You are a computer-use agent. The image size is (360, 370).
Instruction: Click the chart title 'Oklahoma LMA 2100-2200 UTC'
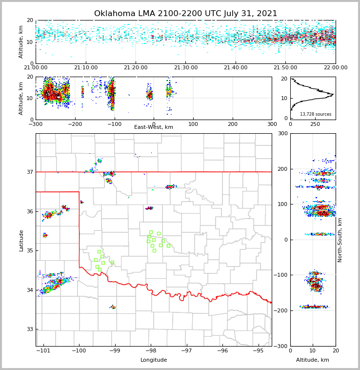tap(185, 14)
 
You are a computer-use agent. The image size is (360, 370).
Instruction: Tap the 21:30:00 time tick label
tap(186, 68)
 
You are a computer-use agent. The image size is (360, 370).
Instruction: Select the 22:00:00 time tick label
tap(336, 68)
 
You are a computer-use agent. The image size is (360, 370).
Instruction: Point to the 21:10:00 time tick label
tap(86, 68)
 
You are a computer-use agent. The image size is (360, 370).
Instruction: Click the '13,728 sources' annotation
tap(316, 114)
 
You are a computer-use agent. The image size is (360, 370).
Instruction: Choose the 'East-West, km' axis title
tap(154, 127)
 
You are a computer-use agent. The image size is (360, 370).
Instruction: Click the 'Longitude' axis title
tap(154, 360)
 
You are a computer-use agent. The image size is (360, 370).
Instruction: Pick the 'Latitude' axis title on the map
tap(21, 240)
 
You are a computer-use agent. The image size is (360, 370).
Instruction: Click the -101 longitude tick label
tap(43, 351)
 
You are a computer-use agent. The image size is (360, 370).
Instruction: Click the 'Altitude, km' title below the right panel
tap(313, 360)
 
